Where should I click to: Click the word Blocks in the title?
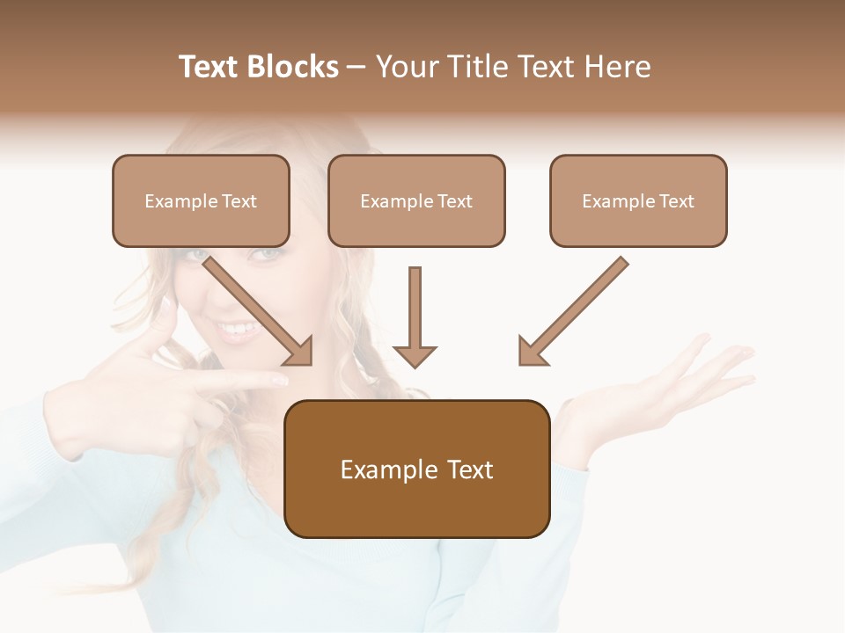[x=292, y=67]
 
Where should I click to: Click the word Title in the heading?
[x=473, y=67]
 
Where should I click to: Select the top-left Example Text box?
[x=201, y=200]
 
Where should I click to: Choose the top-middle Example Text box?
[x=416, y=200]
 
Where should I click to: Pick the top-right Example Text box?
[x=638, y=200]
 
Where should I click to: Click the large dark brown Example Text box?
[x=416, y=469]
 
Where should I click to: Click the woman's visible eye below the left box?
[x=265, y=255]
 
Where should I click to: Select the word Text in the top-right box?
[x=677, y=201]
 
